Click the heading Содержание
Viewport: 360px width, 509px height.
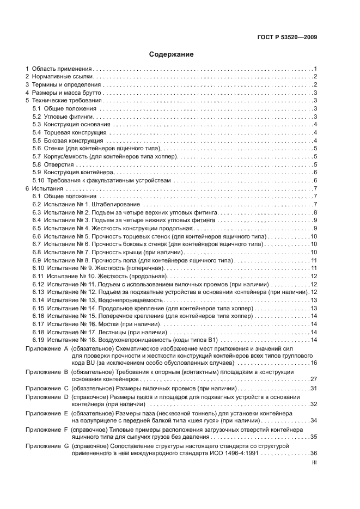pos(172,54)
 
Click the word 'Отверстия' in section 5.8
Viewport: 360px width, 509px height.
pos(58,164)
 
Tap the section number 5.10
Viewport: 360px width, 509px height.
pos(38,180)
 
